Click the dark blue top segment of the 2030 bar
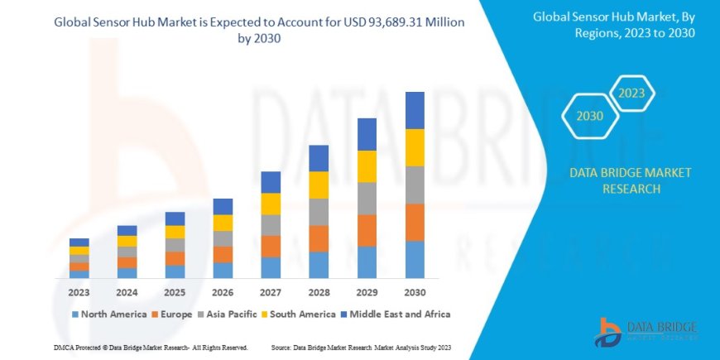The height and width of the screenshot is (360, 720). tap(415, 110)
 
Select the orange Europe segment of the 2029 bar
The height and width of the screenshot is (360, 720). tap(367, 230)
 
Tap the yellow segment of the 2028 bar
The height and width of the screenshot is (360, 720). tap(319, 185)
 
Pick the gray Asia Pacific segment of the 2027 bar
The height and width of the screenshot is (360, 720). tap(271, 225)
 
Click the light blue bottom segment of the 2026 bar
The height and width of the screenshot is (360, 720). tap(223, 270)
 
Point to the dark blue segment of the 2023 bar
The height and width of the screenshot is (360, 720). tap(79, 242)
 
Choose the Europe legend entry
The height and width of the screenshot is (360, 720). tap(172, 314)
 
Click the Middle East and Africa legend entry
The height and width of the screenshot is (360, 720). tap(394, 314)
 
